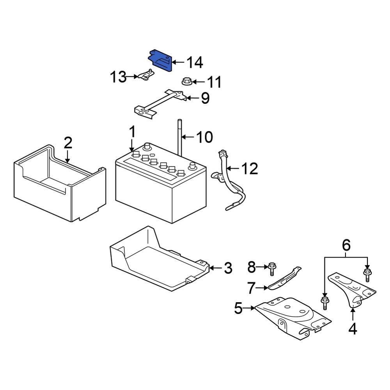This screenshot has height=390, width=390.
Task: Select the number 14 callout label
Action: pyautogui.click(x=194, y=62)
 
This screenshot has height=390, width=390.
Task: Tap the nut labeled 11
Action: pyautogui.click(x=186, y=82)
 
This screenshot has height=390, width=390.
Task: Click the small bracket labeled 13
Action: pyautogui.click(x=145, y=76)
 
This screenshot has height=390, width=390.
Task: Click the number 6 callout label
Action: pyautogui.click(x=346, y=245)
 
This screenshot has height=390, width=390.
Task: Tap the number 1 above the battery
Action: pyautogui.click(x=132, y=133)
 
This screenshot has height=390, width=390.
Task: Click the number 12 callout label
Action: pyautogui.click(x=250, y=169)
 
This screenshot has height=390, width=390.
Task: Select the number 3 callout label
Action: pyautogui.click(x=228, y=268)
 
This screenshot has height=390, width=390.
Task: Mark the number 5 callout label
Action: pyautogui.click(x=239, y=308)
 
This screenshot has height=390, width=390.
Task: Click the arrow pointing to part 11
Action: pyautogui.click(x=198, y=82)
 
